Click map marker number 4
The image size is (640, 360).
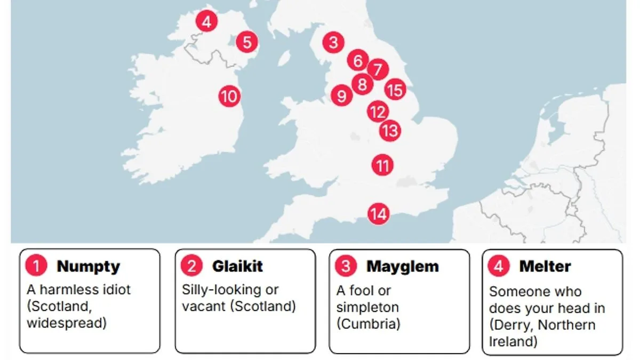click(x=206, y=22)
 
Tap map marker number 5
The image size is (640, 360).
click(x=247, y=42)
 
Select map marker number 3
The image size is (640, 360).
click(x=333, y=42)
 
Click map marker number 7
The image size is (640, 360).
click(x=378, y=69)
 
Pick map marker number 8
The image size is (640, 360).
click(x=363, y=84)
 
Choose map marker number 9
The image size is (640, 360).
click(x=341, y=96)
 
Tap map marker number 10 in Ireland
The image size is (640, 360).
click(x=229, y=97)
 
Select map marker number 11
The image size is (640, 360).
click(x=382, y=165)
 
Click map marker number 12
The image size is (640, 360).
click(x=378, y=112)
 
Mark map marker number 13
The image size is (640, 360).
click(x=390, y=130)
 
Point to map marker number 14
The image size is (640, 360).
click(x=379, y=214)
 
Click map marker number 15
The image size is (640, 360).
click(x=395, y=90)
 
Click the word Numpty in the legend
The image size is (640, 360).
click(x=88, y=266)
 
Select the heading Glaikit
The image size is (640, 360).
click(x=237, y=266)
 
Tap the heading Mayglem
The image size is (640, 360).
click(x=402, y=266)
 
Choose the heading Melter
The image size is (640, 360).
click(x=545, y=266)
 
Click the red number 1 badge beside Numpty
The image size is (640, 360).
click(x=36, y=266)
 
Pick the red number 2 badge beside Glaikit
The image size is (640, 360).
click(x=191, y=266)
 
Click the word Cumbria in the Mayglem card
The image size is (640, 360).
click(x=368, y=324)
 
